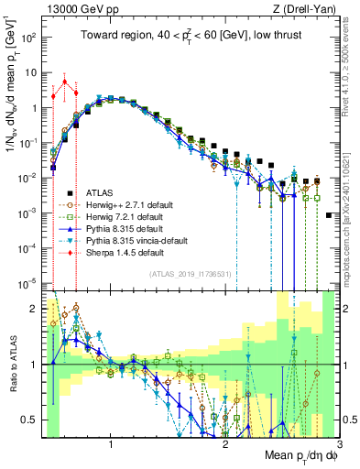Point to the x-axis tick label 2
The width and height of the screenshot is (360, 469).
coord(225,444)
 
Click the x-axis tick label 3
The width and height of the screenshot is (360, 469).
coord(340,444)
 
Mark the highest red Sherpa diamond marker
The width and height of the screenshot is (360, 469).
coord(64,82)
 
